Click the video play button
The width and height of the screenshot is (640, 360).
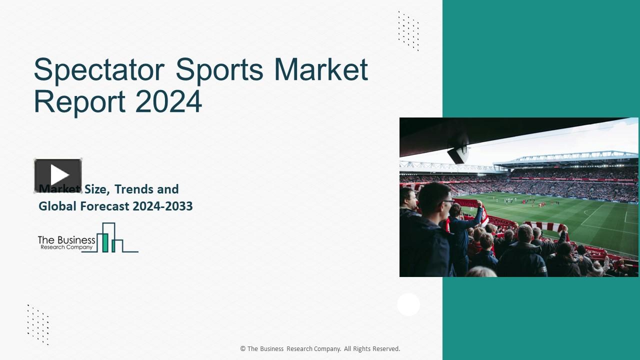pos(58,175)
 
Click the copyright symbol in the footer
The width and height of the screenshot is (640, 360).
pos(243,349)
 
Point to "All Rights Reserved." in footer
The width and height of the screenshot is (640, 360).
pos(372,349)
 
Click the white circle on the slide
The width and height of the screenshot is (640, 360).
pos(408,304)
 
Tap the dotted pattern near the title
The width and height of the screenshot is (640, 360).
pos(408,31)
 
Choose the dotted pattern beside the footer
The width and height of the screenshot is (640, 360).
pos(38,324)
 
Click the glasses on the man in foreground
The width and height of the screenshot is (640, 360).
pos(447,202)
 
